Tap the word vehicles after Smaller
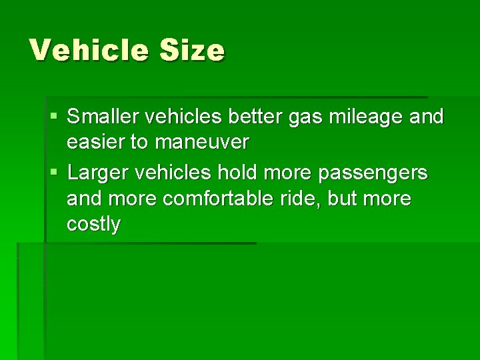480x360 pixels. click(185, 117)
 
